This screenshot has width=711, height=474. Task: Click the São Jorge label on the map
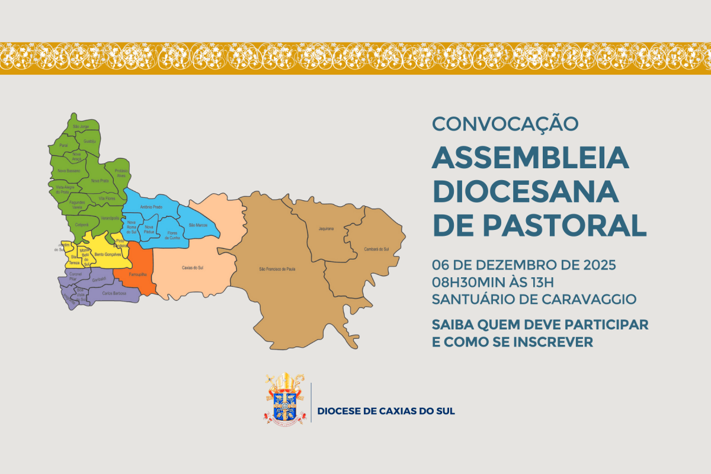point(81,126)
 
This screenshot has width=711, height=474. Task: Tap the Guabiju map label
point(89,141)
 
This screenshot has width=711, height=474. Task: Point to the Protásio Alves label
point(121,173)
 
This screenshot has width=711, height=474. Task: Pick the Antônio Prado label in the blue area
point(150,207)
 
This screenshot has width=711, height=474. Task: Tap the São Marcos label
point(198,225)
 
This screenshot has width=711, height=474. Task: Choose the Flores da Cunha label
point(171,235)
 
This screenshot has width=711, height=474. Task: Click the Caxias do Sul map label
point(193,268)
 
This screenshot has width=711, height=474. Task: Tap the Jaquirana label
point(326,228)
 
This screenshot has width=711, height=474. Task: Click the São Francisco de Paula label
point(277,269)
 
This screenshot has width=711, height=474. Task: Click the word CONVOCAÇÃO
point(505,124)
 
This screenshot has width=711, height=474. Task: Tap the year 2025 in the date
point(600,264)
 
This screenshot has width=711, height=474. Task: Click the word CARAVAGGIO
point(590,299)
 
